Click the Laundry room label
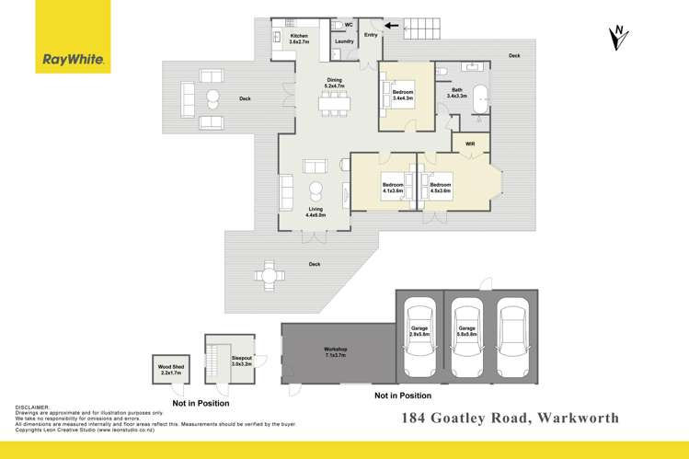pyautogui.click(x=345, y=41)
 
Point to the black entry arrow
pyautogui.click(x=394, y=26)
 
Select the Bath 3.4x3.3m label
pyautogui.click(x=457, y=93)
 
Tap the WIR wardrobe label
pyautogui.click(x=470, y=143)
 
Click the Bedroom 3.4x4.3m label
pyautogui.click(x=403, y=96)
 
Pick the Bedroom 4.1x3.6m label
pyautogui.click(x=393, y=188)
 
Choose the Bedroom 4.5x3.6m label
pyautogui.click(x=440, y=188)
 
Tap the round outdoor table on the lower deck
pyautogui.click(x=269, y=274)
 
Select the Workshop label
pyautogui.click(x=335, y=351)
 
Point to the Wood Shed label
pyautogui.click(x=171, y=370)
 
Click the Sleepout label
pyautogui.click(x=242, y=361)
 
